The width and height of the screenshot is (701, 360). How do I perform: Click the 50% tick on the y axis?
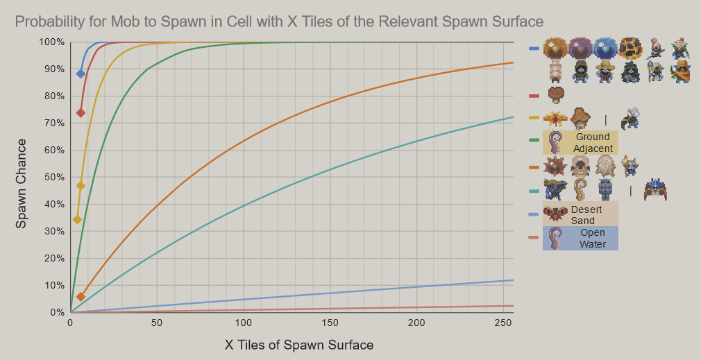tap(54, 178)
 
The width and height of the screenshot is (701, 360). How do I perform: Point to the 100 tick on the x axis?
tap(243, 323)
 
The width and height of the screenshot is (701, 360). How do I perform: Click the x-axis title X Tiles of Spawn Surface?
tap(299, 345)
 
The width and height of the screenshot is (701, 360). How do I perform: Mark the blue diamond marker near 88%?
tap(81, 73)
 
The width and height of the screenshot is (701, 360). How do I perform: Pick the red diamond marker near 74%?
tap(81, 112)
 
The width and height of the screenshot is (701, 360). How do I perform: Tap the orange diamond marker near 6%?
tap(81, 296)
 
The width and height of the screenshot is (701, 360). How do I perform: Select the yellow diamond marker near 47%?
tap(81, 186)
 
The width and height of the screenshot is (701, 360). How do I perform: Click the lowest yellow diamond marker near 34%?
tap(77, 219)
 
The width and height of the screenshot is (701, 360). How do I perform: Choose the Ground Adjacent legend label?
tap(593, 143)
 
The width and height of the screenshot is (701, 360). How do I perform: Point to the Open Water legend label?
tap(592, 239)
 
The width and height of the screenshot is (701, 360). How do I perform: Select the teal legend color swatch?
tap(534, 191)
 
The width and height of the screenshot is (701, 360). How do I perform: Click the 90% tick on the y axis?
tap(54, 69)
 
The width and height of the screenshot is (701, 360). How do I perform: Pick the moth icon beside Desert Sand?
tap(555, 214)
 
